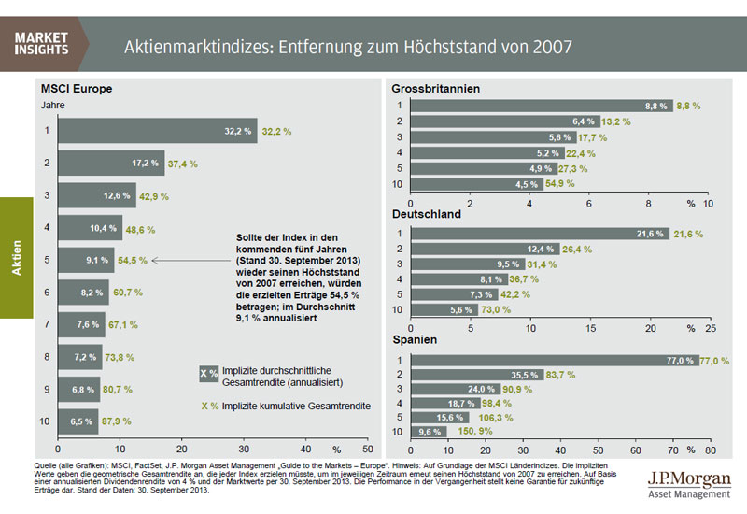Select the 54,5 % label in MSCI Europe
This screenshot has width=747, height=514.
click(132, 260)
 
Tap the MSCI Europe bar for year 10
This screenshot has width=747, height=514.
click(78, 421)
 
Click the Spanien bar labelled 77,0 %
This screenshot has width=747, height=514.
click(554, 359)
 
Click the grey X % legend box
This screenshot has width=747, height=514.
click(209, 374)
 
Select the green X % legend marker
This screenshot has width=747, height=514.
click(208, 407)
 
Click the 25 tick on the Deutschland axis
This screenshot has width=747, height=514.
click(710, 328)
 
